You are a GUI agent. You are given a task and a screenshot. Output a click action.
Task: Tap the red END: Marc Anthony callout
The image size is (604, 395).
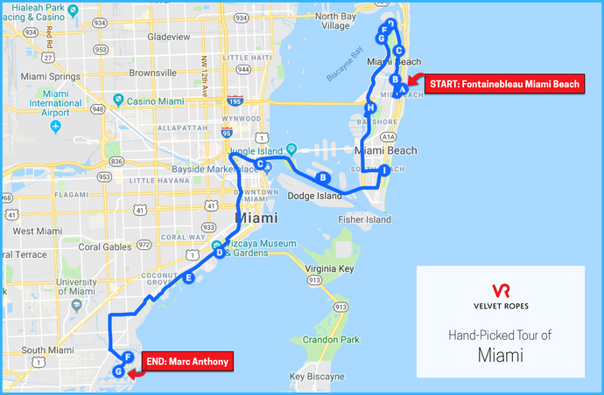(186, 361)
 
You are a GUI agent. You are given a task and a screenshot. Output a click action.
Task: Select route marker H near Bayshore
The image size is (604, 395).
(370, 107)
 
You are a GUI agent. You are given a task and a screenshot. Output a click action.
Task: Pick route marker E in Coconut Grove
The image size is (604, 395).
(188, 278)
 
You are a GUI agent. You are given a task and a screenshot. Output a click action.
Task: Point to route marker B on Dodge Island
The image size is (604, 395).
(322, 178)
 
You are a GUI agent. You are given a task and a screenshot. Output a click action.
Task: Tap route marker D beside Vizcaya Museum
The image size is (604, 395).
(219, 253)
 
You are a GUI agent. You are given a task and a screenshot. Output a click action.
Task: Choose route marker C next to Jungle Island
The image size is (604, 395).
(260, 163)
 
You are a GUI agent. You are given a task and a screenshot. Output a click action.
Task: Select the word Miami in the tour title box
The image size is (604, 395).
(501, 355)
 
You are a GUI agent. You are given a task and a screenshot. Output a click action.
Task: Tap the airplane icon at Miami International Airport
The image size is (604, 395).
(56, 126)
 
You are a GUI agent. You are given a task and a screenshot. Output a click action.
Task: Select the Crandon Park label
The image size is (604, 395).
(340, 339)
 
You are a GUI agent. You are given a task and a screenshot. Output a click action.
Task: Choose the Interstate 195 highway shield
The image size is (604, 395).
(233, 101)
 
